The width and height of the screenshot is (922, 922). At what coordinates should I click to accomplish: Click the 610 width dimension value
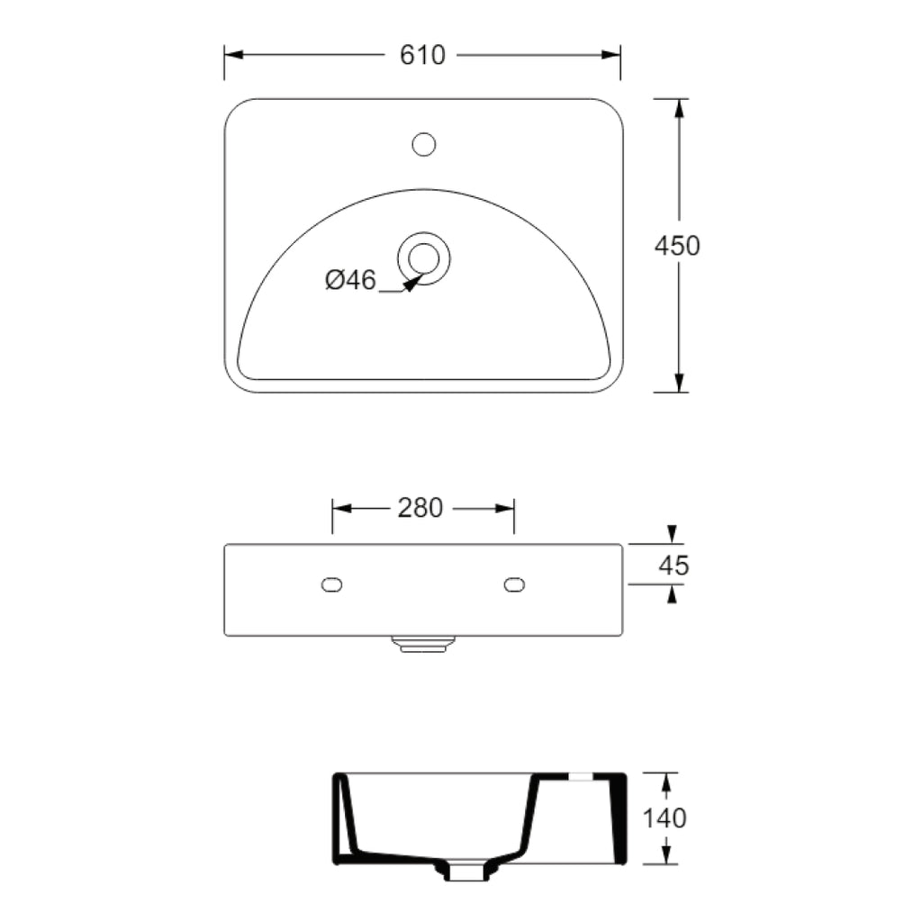421,55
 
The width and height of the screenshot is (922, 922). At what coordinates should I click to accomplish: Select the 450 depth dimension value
677,245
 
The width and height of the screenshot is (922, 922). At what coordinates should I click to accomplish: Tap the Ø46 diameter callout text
350,281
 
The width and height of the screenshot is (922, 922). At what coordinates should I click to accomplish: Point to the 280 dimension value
420,509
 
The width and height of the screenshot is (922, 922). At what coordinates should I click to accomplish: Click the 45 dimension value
673,565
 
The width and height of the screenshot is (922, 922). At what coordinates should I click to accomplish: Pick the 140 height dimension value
665,818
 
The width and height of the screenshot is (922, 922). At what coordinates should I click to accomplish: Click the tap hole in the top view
423,143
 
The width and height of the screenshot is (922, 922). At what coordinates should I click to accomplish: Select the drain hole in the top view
423,258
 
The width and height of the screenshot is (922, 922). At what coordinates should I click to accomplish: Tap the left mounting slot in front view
332,585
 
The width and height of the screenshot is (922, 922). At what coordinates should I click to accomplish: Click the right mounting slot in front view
514,585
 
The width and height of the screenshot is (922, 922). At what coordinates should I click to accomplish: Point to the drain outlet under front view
423,643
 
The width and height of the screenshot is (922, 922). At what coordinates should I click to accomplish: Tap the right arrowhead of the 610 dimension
611,55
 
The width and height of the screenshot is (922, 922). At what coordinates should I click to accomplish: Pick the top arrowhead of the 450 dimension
679,109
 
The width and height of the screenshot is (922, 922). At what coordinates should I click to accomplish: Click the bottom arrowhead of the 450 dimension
679,382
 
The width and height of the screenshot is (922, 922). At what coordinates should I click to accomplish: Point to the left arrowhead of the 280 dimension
342,509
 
